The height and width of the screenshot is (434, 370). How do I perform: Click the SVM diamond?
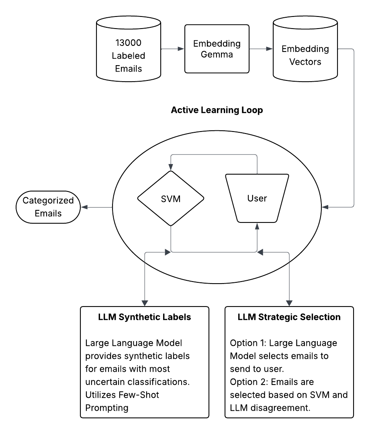click(171, 198)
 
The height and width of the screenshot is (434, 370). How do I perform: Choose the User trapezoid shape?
click(257, 198)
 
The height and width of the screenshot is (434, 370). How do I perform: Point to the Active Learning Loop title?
click(217, 110)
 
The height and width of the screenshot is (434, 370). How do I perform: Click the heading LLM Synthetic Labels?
click(145, 317)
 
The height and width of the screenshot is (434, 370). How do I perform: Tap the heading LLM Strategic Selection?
click(289, 317)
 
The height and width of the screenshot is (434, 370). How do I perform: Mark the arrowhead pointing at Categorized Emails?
click(84, 207)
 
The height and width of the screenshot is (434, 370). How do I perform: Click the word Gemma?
click(218, 55)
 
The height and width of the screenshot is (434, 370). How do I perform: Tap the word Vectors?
click(305, 62)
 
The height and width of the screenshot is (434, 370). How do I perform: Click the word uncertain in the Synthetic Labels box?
click(108, 382)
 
